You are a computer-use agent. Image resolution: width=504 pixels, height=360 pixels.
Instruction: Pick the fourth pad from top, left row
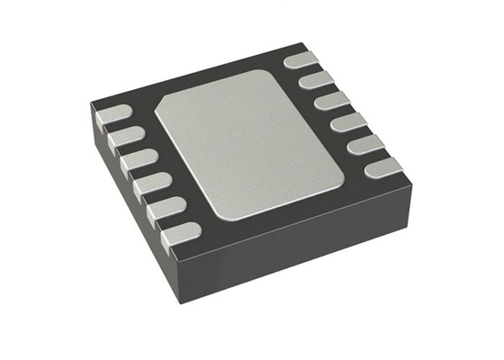pyautogui.click(x=150, y=185)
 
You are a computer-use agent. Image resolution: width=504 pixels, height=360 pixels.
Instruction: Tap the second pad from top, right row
pyautogui.click(x=314, y=81)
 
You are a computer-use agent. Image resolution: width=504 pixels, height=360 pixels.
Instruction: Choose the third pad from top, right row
pyautogui.click(x=331, y=101)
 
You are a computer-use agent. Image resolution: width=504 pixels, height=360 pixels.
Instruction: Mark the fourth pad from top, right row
pyautogui.click(x=348, y=121)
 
